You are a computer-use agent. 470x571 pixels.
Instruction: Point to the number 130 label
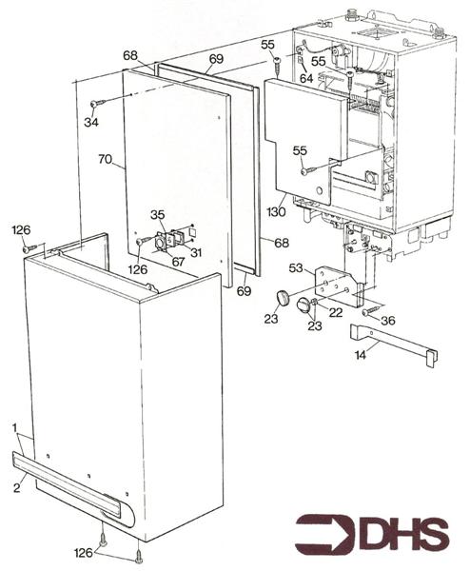click(x=276, y=210)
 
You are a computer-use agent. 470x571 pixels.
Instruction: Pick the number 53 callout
click(x=296, y=269)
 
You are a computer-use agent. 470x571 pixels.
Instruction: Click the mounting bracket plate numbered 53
click(x=336, y=285)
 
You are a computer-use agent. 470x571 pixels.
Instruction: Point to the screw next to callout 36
click(x=369, y=310)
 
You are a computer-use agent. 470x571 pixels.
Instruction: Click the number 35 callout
click(x=158, y=214)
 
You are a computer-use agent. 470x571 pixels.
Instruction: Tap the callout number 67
click(x=177, y=262)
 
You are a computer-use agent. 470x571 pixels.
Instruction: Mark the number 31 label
click(x=196, y=252)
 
